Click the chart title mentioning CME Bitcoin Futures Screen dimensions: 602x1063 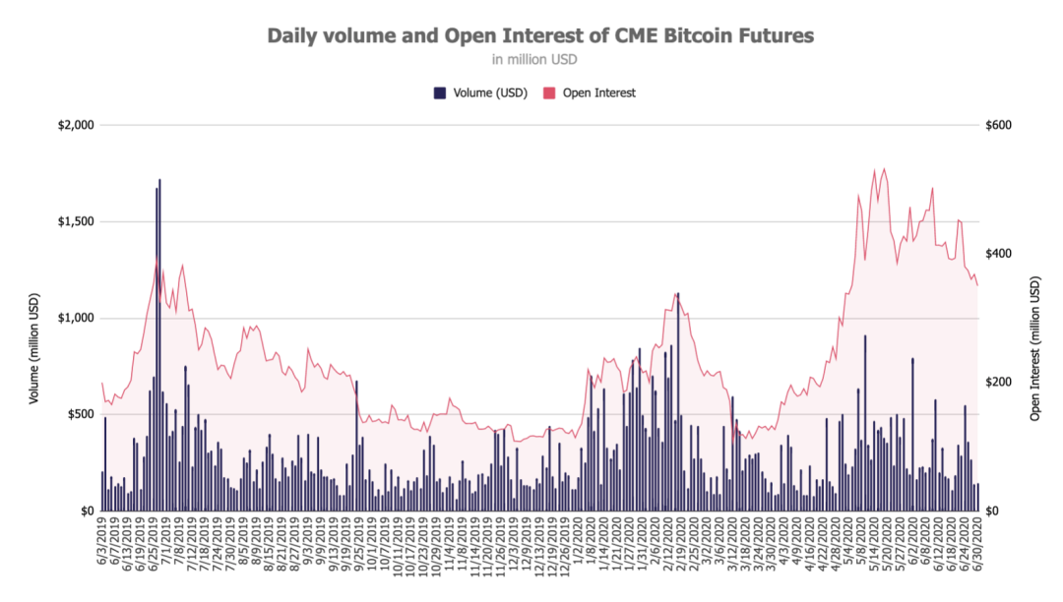540,36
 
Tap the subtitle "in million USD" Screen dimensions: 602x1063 534,60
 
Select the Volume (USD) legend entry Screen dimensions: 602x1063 480,92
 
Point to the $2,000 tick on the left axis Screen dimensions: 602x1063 76,126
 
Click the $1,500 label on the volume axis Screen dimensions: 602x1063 76,222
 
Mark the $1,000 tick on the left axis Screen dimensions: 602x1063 76,319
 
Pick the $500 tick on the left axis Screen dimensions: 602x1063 80,414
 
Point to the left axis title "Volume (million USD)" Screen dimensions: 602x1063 33,349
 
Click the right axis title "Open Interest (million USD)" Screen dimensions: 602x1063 1034,349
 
